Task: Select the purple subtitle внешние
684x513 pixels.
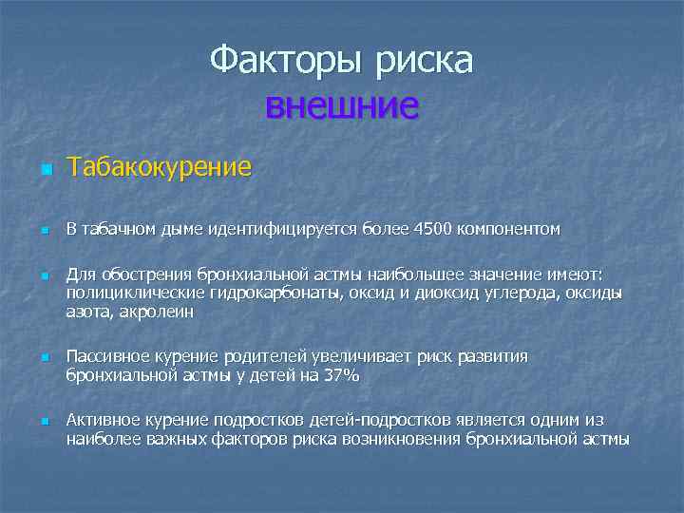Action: click(342, 105)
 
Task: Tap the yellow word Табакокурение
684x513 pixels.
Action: click(159, 168)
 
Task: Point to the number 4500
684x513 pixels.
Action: click(433, 229)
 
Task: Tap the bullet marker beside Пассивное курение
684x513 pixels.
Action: click(43, 359)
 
